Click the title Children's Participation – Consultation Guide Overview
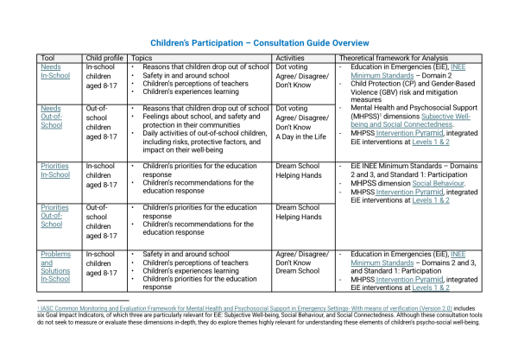(x=260, y=41)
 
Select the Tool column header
(x=48, y=58)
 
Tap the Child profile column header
(x=104, y=58)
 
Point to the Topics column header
(x=142, y=58)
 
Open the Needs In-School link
(x=54, y=71)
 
